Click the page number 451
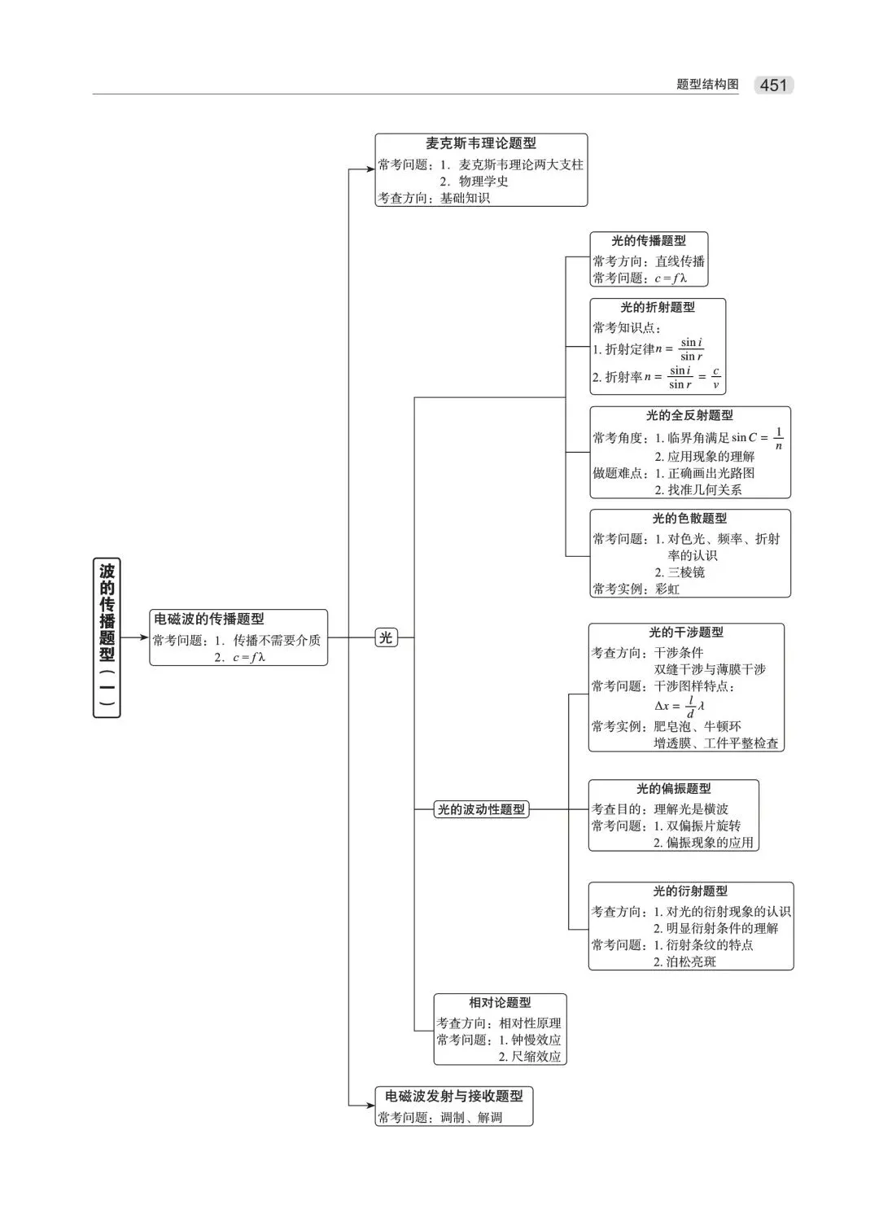click(x=773, y=85)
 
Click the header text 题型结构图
click(x=707, y=85)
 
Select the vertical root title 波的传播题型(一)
click(x=107, y=637)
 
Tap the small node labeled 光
click(x=386, y=637)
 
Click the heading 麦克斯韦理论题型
click(x=481, y=143)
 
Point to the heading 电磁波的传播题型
click(x=209, y=619)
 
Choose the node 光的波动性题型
click(x=482, y=809)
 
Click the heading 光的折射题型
click(x=658, y=307)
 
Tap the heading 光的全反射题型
click(x=689, y=415)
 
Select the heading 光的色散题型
click(x=689, y=518)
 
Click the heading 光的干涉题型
click(x=686, y=632)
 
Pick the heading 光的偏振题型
click(x=674, y=788)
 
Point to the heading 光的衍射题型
click(x=690, y=891)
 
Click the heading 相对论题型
click(x=500, y=1002)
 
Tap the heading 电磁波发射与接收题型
click(x=454, y=1096)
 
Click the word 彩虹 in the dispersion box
click(x=667, y=589)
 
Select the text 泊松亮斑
click(x=691, y=961)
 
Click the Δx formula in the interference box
click(x=680, y=706)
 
